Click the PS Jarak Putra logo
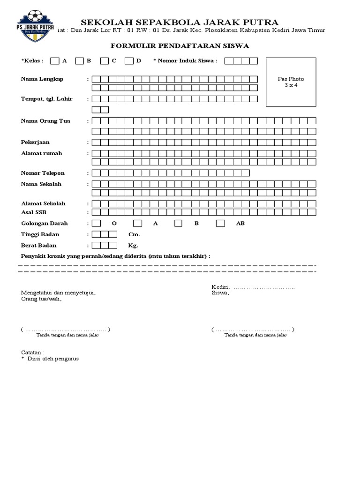pyautogui.click(x=35, y=24)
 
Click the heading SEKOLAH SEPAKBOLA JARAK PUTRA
pyautogui.click(x=180, y=22)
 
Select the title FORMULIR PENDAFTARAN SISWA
pyautogui.click(x=180, y=45)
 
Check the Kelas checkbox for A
pyautogui.click(x=55, y=60)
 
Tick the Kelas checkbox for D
pyautogui.click(x=129, y=60)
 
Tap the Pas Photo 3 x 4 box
pyautogui.click(x=291, y=82)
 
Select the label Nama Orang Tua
pyautogui.click(x=45, y=121)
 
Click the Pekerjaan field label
pyautogui.click(x=35, y=142)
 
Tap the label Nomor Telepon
pyautogui.click(x=43, y=173)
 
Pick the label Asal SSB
pyautogui.click(x=34, y=212)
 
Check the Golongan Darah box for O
pyautogui.click(x=96, y=224)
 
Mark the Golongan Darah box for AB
pyautogui.click(x=220, y=224)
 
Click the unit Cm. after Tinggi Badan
pyautogui.click(x=134, y=234)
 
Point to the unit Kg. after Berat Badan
pyautogui.click(x=133, y=245)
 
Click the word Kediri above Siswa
pyautogui.click(x=220, y=287)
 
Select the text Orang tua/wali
pyautogui.click(x=41, y=299)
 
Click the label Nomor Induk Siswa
pyautogui.click(x=186, y=61)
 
